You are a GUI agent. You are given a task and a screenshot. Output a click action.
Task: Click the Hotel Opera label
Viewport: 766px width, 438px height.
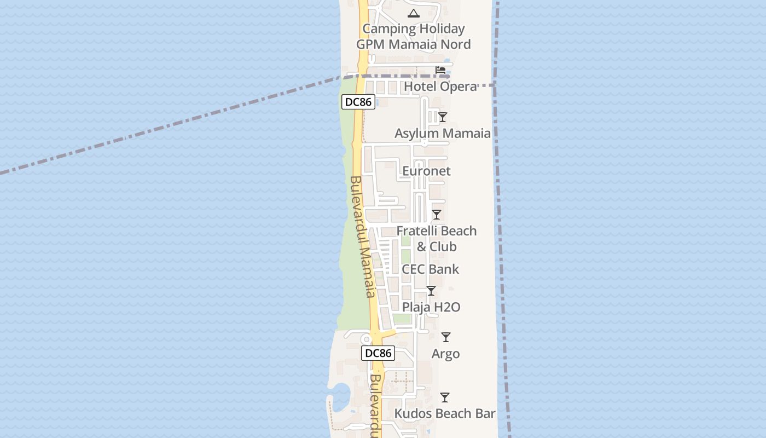point(440,87)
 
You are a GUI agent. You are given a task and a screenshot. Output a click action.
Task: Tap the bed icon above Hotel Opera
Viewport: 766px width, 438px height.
point(440,70)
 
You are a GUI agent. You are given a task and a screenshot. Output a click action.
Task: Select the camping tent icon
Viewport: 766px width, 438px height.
point(414,13)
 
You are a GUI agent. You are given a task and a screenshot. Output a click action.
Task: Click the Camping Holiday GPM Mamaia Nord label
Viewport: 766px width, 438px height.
point(414,36)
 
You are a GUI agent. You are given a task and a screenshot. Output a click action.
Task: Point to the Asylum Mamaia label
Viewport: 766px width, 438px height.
point(442,133)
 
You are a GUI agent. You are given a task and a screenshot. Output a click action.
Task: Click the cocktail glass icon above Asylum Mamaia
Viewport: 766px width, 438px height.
point(443,117)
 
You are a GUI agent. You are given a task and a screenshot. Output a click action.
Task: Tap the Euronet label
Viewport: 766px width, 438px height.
point(426,171)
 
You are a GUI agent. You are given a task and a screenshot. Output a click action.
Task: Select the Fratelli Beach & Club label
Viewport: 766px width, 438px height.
point(437,239)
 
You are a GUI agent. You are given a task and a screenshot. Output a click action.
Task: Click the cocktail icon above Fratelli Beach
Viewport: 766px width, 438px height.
point(437,215)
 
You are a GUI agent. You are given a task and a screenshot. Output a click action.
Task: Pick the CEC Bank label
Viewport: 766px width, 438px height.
point(430,269)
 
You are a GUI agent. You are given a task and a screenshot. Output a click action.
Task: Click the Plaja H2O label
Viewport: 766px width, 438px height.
point(431,307)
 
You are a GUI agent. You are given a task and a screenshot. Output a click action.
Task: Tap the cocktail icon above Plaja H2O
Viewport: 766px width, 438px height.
point(431,291)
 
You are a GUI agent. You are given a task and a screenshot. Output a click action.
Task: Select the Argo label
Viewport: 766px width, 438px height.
point(445,354)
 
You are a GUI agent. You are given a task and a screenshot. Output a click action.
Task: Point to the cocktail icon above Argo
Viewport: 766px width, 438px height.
point(446,337)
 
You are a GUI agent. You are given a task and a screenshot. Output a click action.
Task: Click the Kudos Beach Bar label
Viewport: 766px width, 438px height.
point(445,413)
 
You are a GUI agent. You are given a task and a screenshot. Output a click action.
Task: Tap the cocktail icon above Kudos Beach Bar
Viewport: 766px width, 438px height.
point(445,397)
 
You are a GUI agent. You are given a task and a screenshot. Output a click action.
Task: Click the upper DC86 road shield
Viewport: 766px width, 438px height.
point(358,102)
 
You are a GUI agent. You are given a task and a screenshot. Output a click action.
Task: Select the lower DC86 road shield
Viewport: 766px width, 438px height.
point(378,353)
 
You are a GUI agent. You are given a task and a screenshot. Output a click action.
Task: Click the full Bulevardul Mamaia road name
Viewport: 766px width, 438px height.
point(362,237)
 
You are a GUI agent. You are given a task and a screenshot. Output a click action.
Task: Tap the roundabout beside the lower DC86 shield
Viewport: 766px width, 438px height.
point(366,339)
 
